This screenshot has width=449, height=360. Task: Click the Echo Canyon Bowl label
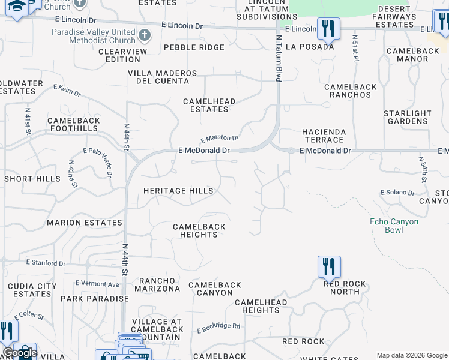pyautogui.click(x=394, y=226)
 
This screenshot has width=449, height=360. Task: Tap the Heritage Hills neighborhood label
pyautogui.click(x=178, y=191)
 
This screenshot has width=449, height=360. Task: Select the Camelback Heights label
pyautogui.click(x=199, y=230)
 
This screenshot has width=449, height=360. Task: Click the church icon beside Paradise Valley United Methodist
pyautogui.click(x=145, y=35)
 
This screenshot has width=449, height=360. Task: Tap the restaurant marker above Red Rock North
pyautogui.click(x=329, y=266)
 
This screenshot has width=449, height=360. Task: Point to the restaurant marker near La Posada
pyautogui.click(x=328, y=28)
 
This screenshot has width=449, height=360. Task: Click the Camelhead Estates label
pyautogui.click(x=209, y=106)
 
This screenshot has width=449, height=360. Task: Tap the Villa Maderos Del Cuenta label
pyautogui.click(x=163, y=77)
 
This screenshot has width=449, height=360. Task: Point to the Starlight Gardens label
pyautogui.click(x=408, y=117)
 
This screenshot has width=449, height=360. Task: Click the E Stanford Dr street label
pyautogui.click(x=46, y=263)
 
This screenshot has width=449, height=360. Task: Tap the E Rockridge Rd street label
pyautogui.click(x=218, y=327)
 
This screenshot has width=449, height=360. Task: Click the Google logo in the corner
pyautogui.click(x=19, y=353)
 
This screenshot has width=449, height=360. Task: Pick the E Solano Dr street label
pyautogui.click(x=397, y=193)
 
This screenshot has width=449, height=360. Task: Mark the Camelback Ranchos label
pyautogui.click(x=351, y=91)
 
